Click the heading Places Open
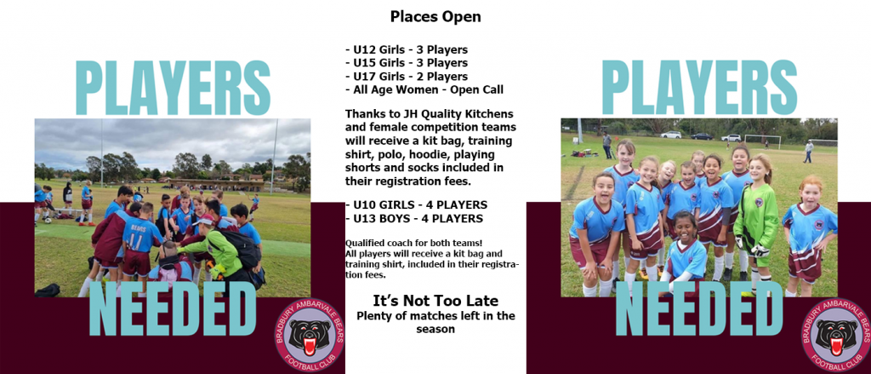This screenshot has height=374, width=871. click(x=435, y=17)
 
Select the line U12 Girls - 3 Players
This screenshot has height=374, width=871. click(x=406, y=49)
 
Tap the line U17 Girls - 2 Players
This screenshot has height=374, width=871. click(x=406, y=76)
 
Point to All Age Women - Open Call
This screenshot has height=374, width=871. click(x=424, y=89)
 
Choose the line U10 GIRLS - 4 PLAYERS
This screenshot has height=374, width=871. click(x=416, y=204)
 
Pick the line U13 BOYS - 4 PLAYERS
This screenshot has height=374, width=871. click(x=414, y=219)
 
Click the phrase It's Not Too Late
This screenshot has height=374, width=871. click(x=435, y=301)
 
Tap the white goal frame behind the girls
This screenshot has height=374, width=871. click(x=762, y=141)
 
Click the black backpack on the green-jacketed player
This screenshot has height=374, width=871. click(x=242, y=248)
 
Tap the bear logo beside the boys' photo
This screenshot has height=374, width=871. click(x=310, y=335)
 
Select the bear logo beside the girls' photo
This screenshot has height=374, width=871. click(x=835, y=335)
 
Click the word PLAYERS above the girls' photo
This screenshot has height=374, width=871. click(x=699, y=88)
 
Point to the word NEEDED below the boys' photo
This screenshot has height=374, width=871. click(x=173, y=309)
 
